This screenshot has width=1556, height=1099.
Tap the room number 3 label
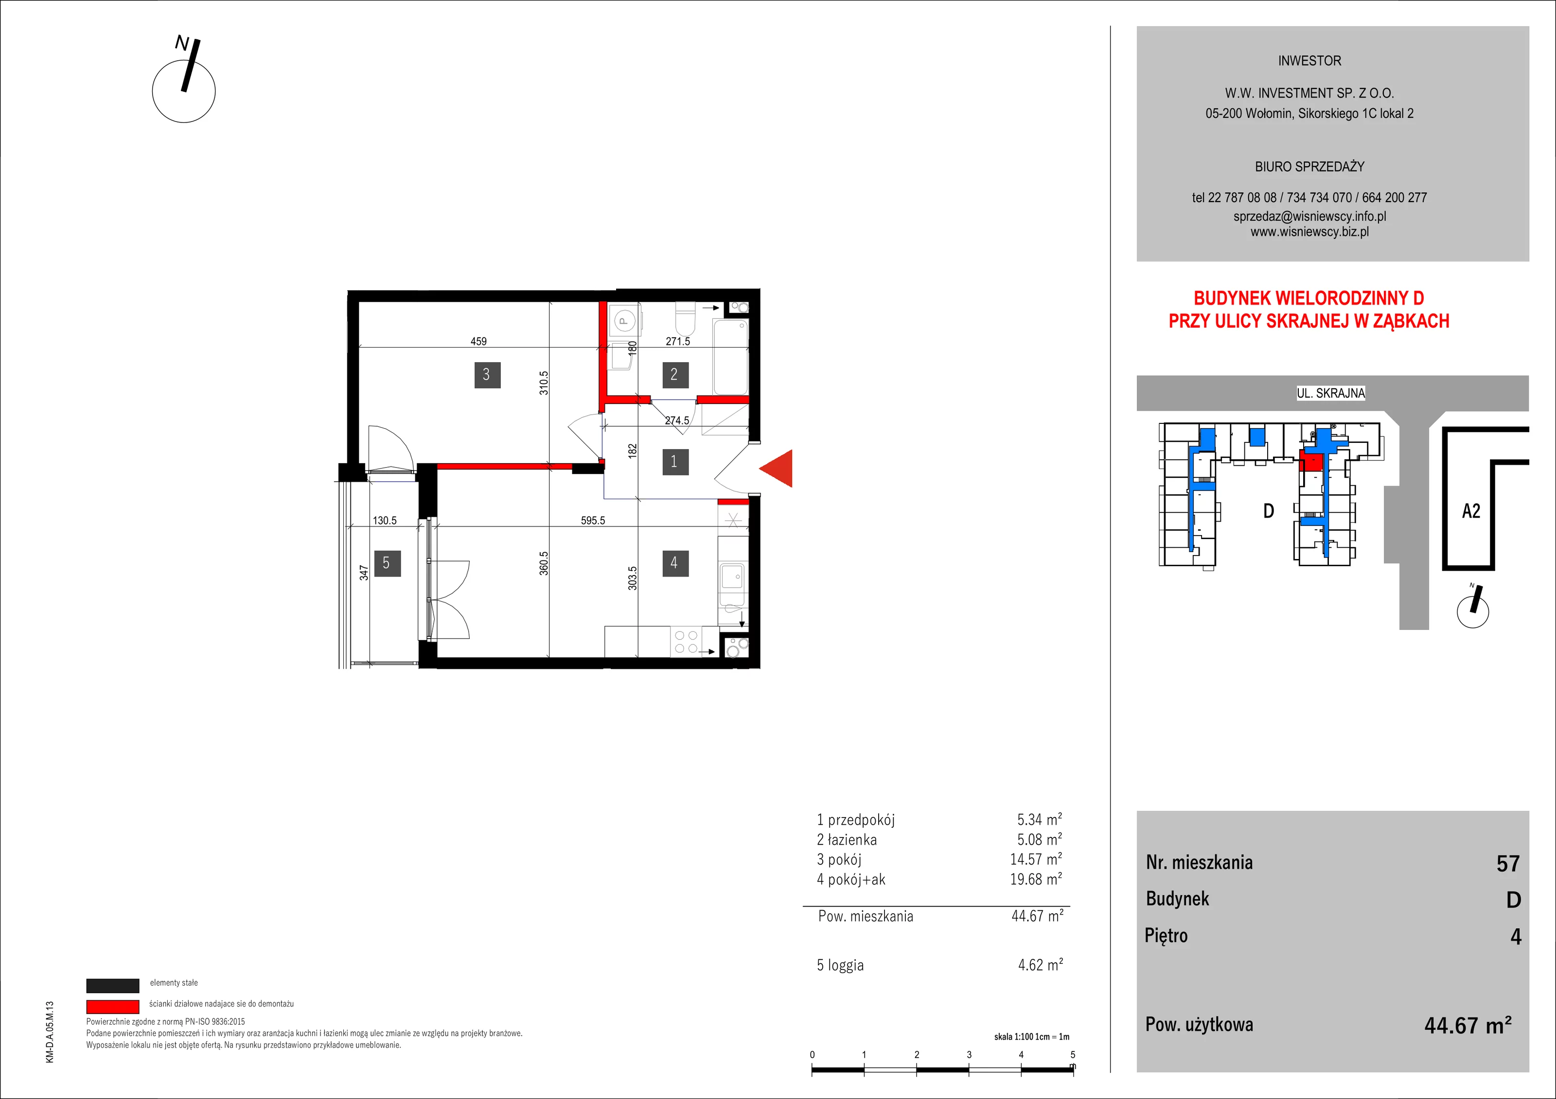point(487,374)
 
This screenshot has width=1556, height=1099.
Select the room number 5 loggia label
point(386,563)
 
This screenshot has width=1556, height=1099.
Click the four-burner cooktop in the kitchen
point(686,642)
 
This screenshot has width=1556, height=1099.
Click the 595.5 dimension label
point(593,521)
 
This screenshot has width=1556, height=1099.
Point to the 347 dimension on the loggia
point(364,573)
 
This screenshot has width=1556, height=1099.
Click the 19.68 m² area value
point(1036,879)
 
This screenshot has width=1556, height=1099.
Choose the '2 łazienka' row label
point(847,839)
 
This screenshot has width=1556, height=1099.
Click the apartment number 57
point(1508,863)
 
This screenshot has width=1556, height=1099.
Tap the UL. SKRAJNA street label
point(1331,393)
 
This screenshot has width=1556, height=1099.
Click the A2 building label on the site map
point(1471,511)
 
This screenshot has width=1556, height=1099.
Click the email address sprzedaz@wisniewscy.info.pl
point(1309,216)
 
